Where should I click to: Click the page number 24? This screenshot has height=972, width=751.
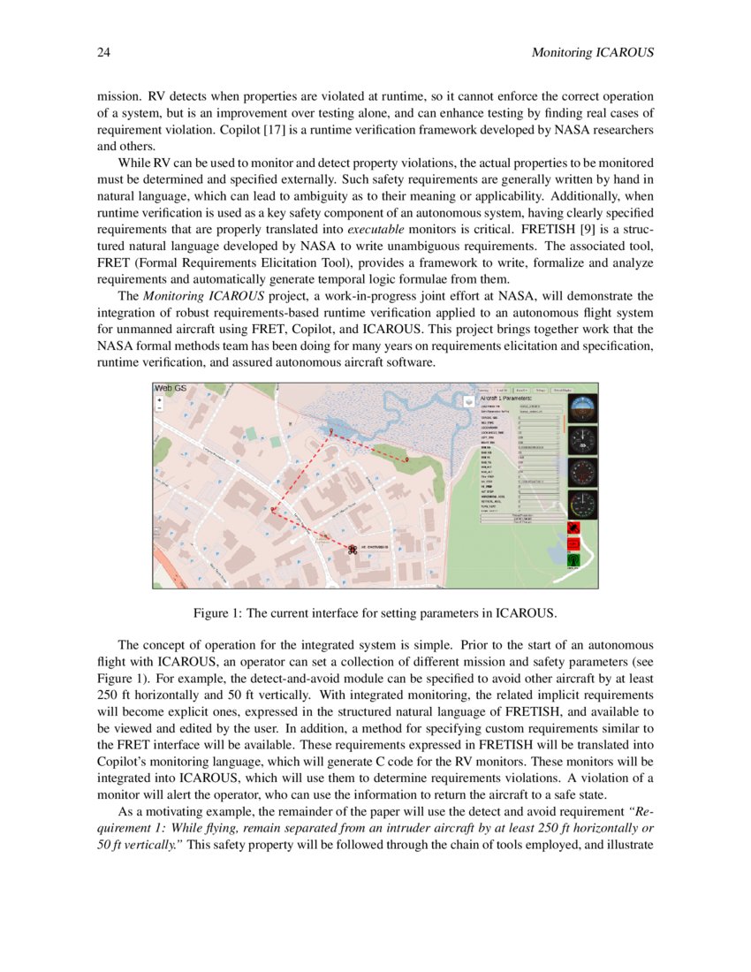[x=102, y=53]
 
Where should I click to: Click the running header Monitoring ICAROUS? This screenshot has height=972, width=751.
[x=593, y=53]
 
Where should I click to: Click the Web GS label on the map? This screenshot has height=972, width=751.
[x=170, y=388]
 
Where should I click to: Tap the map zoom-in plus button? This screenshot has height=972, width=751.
[x=159, y=399]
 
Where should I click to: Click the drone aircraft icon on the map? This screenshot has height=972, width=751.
[x=353, y=549]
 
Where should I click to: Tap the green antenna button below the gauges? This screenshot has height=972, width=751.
[x=572, y=559]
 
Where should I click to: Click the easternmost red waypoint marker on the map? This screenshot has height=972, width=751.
[x=406, y=459]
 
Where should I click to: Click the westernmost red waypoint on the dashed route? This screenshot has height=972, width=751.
[x=272, y=510]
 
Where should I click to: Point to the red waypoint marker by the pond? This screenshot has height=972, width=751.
[x=330, y=431]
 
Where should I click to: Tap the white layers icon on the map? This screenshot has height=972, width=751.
[x=468, y=400]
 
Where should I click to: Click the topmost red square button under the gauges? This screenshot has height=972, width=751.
[x=572, y=528]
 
